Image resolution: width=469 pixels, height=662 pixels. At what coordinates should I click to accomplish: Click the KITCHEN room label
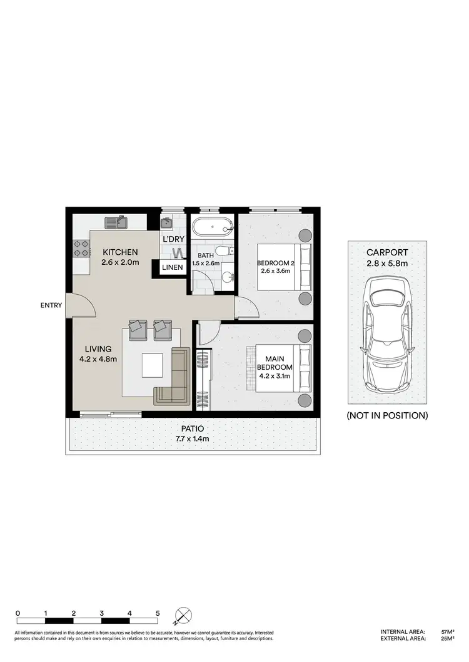[120, 252]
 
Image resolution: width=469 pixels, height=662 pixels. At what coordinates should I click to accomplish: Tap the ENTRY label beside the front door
[51, 305]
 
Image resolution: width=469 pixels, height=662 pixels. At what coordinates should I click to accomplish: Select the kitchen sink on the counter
[117, 222]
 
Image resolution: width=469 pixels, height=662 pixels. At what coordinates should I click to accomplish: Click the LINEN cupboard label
[172, 267]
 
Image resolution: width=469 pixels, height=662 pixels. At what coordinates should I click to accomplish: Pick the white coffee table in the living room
[152, 365]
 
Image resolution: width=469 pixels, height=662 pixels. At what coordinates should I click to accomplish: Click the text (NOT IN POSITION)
[387, 415]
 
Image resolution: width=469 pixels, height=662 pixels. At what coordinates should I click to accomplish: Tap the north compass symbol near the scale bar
[184, 616]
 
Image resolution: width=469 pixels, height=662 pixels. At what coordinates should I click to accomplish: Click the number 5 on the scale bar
[157, 613]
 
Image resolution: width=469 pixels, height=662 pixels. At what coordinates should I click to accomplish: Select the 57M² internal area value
[447, 632]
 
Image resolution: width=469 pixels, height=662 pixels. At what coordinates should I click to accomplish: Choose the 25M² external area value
[447, 639]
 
